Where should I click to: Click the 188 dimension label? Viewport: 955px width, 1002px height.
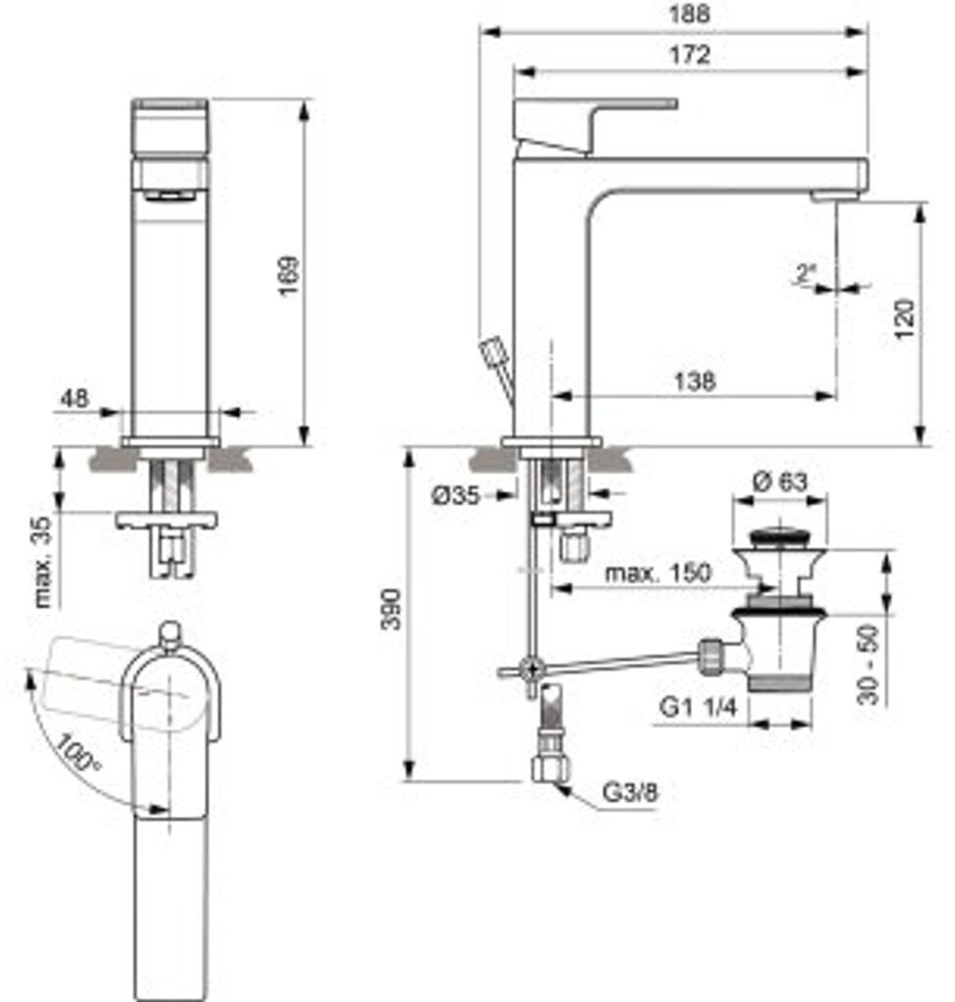(689, 14)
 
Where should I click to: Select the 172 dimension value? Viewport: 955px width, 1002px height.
(689, 55)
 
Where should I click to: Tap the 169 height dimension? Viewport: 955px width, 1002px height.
(289, 275)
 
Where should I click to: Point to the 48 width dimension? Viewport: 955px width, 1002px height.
(74, 398)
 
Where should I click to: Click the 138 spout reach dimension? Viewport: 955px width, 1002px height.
(694, 382)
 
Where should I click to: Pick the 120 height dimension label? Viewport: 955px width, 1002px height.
(904, 319)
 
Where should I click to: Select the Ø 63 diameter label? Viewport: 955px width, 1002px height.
(780, 480)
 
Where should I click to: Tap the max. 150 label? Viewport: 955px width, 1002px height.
(658, 571)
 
